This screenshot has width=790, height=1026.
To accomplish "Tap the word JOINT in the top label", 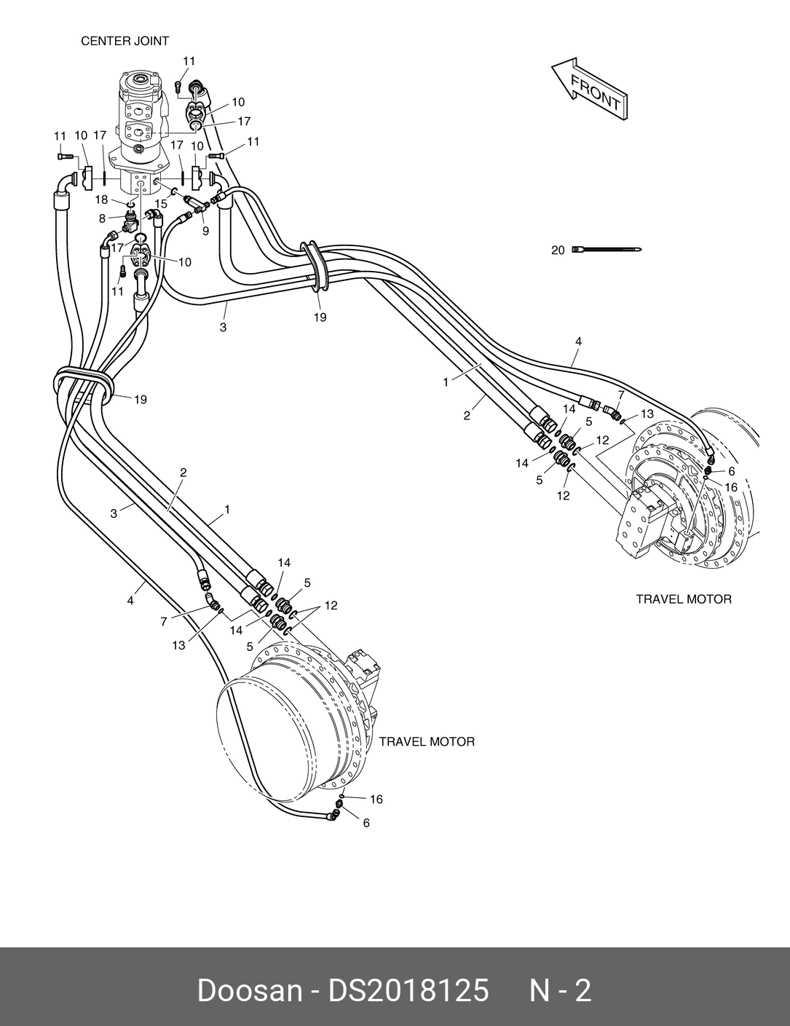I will [151, 42].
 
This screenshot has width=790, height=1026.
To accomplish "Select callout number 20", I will [558, 250].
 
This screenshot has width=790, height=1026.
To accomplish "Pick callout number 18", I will [101, 200].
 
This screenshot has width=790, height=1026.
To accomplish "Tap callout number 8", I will [103, 218].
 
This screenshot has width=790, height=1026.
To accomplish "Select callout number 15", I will [161, 204].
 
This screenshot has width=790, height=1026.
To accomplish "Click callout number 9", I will [205, 231].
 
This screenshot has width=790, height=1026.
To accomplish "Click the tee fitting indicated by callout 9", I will [195, 211].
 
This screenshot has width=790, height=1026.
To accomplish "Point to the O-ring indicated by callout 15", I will [175, 192].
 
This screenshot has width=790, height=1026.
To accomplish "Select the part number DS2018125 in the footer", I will [408, 990].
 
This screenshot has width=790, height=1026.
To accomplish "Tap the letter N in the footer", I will [540, 990].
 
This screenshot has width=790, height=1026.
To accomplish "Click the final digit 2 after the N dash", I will [583, 990].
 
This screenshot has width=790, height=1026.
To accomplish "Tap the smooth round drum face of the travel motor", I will [266, 735].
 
